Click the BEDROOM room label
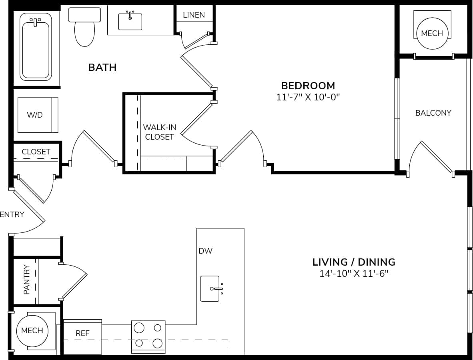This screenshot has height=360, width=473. coord(308,86)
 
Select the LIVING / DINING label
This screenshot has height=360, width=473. coord(354,262)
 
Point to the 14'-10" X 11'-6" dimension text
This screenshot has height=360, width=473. coord(354,274)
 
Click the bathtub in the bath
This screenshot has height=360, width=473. coord(36,46)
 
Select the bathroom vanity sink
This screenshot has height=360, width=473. coord(130,21)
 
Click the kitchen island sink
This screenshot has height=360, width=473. coord(210,288)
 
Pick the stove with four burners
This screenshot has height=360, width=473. coord(148,336)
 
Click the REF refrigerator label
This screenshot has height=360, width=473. coord(82,333)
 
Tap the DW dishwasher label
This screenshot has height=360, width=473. coord(205,251)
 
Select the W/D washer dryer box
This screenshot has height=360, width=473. coord(38,115)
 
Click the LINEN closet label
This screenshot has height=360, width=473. coord(194,15)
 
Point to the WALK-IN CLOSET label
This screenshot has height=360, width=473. coord(159,132)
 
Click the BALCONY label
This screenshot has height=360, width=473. coord(433,113)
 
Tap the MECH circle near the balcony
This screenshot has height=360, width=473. coord(432,33)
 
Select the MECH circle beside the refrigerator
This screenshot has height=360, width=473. coord(32,331)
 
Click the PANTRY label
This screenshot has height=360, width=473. coord(27,279)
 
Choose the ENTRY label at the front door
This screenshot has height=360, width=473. coord(12,214)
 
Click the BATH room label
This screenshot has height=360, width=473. coord(102,67)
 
